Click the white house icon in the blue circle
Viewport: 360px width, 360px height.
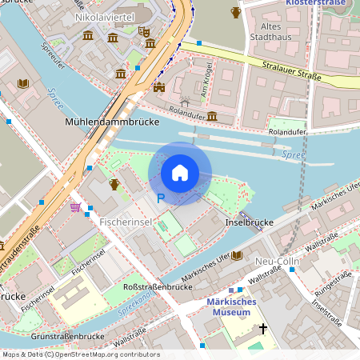tap(180, 173)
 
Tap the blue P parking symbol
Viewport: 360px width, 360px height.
tap(160, 198)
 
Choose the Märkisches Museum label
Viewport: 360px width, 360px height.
tap(230, 306)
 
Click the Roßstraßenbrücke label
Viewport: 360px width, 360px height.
tap(156, 286)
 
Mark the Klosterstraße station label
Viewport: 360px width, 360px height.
tap(322, 3)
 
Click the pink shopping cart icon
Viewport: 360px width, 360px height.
tap(75, 207)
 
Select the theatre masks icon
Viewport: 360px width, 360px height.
tap(144, 31)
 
